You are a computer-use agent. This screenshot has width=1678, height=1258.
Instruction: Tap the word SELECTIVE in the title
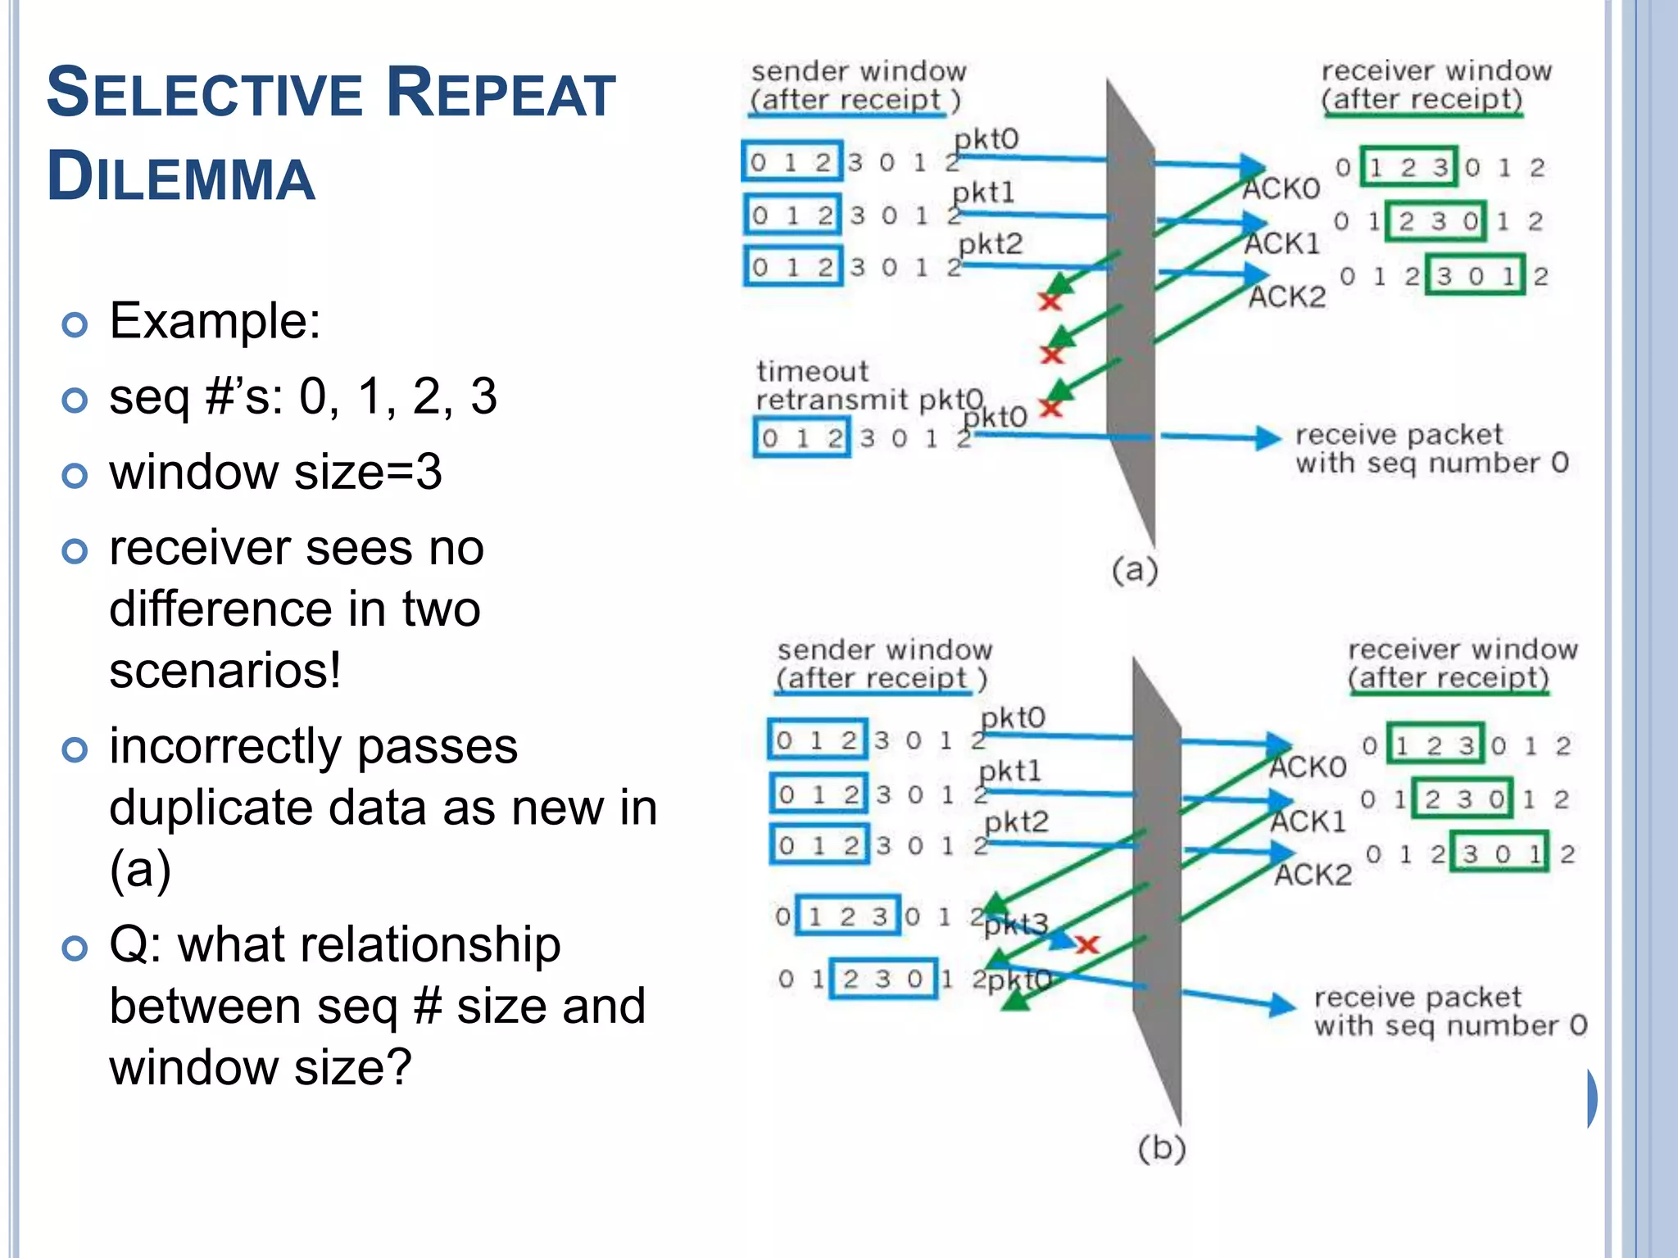pos(204,93)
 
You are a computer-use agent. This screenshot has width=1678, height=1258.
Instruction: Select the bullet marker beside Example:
pos(75,325)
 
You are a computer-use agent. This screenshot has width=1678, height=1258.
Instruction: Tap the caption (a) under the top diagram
pos(1134,569)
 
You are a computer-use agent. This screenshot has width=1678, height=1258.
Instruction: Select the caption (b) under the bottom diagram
pos(1161,1148)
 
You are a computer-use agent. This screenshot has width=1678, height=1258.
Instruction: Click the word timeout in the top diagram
pos(811,372)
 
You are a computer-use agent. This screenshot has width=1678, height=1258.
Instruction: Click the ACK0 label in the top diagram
pos(1281,189)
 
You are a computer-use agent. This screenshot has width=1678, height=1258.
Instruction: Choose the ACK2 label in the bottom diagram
pos(1313,875)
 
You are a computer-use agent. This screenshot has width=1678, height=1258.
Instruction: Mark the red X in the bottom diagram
pos(1086,945)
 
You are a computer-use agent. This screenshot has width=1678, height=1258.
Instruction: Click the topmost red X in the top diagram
pos(1050,301)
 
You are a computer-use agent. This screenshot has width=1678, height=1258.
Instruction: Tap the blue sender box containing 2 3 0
pos(883,979)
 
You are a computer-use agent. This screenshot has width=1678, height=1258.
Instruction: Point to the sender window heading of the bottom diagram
pos(883,664)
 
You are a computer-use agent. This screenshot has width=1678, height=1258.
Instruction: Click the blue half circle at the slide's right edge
pos(1591,1097)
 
